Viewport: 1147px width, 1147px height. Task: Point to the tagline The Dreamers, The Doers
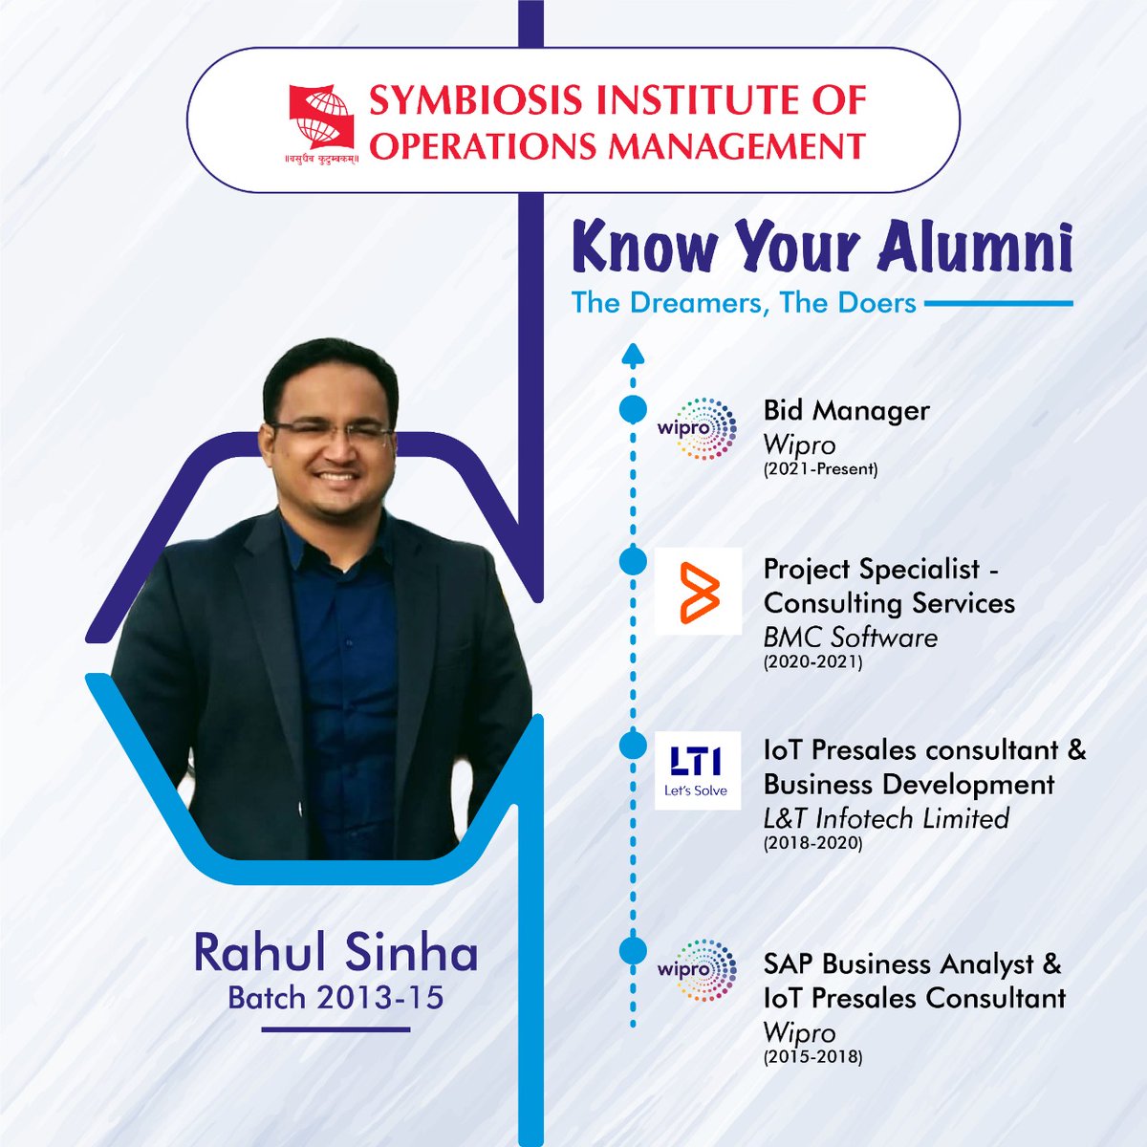pyautogui.click(x=744, y=303)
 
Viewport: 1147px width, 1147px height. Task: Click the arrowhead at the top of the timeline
pyautogui.click(x=632, y=356)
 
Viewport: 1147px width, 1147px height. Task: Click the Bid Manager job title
pyautogui.click(x=846, y=410)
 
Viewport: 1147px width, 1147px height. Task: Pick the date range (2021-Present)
pyautogui.click(x=820, y=469)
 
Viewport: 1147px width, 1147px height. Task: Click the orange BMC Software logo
pyautogui.click(x=698, y=593)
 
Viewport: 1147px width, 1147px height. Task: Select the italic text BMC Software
pyautogui.click(x=850, y=637)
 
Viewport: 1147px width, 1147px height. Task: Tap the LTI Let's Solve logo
pyautogui.click(x=697, y=769)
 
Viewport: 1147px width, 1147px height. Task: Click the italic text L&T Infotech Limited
pyautogui.click(x=886, y=818)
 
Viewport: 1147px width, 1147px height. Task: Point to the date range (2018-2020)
pyautogui.click(x=812, y=843)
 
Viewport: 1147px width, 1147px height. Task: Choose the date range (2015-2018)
pyautogui.click(x=812, y=1057)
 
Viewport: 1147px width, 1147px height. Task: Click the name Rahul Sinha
pyautogui.click(x=335, y=953)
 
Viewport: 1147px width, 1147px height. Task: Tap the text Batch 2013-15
pyautogui.click(x=335, y=997)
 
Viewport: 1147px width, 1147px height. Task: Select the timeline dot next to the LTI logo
pyautogui.click(x=632, y=745)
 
